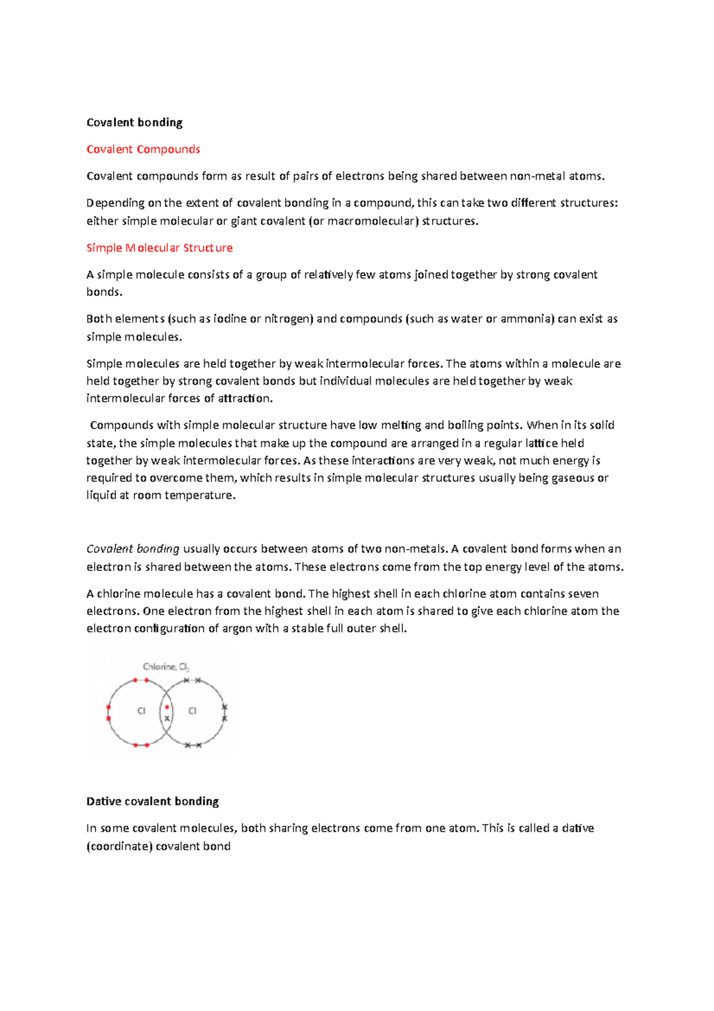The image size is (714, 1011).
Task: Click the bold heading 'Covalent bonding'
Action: click(x=134, y=123)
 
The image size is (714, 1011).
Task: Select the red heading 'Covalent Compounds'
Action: click(x=143, y=149)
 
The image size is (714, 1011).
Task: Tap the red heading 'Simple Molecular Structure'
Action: click(x=159, y=248)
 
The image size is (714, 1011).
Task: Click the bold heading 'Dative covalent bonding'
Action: click(x=152, y=801)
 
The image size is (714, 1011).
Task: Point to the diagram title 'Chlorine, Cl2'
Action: click(x=166, y=667)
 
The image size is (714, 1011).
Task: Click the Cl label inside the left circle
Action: click(x=141, y=711)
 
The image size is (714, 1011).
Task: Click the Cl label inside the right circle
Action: click(x=192, y=711)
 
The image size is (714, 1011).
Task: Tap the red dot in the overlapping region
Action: click(x=167, y=707)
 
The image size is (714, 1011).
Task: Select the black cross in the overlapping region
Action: click(x=167, y=719)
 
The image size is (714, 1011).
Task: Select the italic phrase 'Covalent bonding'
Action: click(x=133, y=549)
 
